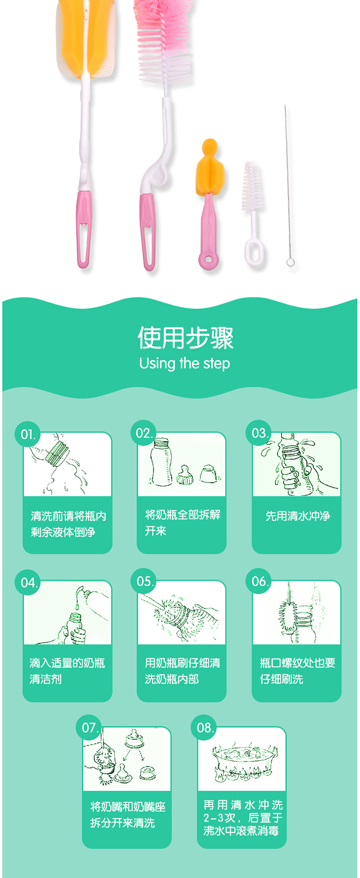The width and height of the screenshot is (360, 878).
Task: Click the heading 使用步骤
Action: (x=185, y=338)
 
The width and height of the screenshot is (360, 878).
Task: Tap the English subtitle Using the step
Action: (x=184, y=363)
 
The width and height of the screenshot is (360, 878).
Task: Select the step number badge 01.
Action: (x=28, y=435)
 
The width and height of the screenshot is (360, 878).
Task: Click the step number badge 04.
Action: (x=28, y=583)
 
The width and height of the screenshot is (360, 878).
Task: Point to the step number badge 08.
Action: (x=204, y=728)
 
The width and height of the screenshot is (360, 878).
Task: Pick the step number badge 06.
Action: (x=260, y=581)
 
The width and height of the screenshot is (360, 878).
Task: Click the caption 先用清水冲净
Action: (x=298, y=516)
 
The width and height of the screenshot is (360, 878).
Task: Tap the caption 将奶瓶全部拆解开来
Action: (x=183, y=522)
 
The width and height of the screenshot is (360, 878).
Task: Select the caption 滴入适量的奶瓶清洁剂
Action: (x=67, y=671)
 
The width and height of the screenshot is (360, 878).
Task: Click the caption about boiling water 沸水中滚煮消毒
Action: (x=241, y=831)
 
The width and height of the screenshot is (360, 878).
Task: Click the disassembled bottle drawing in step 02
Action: (x=185, y=462)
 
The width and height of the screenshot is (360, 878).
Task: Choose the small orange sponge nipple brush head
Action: (x=210, y=168)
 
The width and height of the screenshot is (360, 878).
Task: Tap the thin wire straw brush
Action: (x=288, y=185)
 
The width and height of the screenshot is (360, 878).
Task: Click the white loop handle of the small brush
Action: (x=254, y=253)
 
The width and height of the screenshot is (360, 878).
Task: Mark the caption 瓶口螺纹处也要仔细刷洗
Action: (x=298, y=671)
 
